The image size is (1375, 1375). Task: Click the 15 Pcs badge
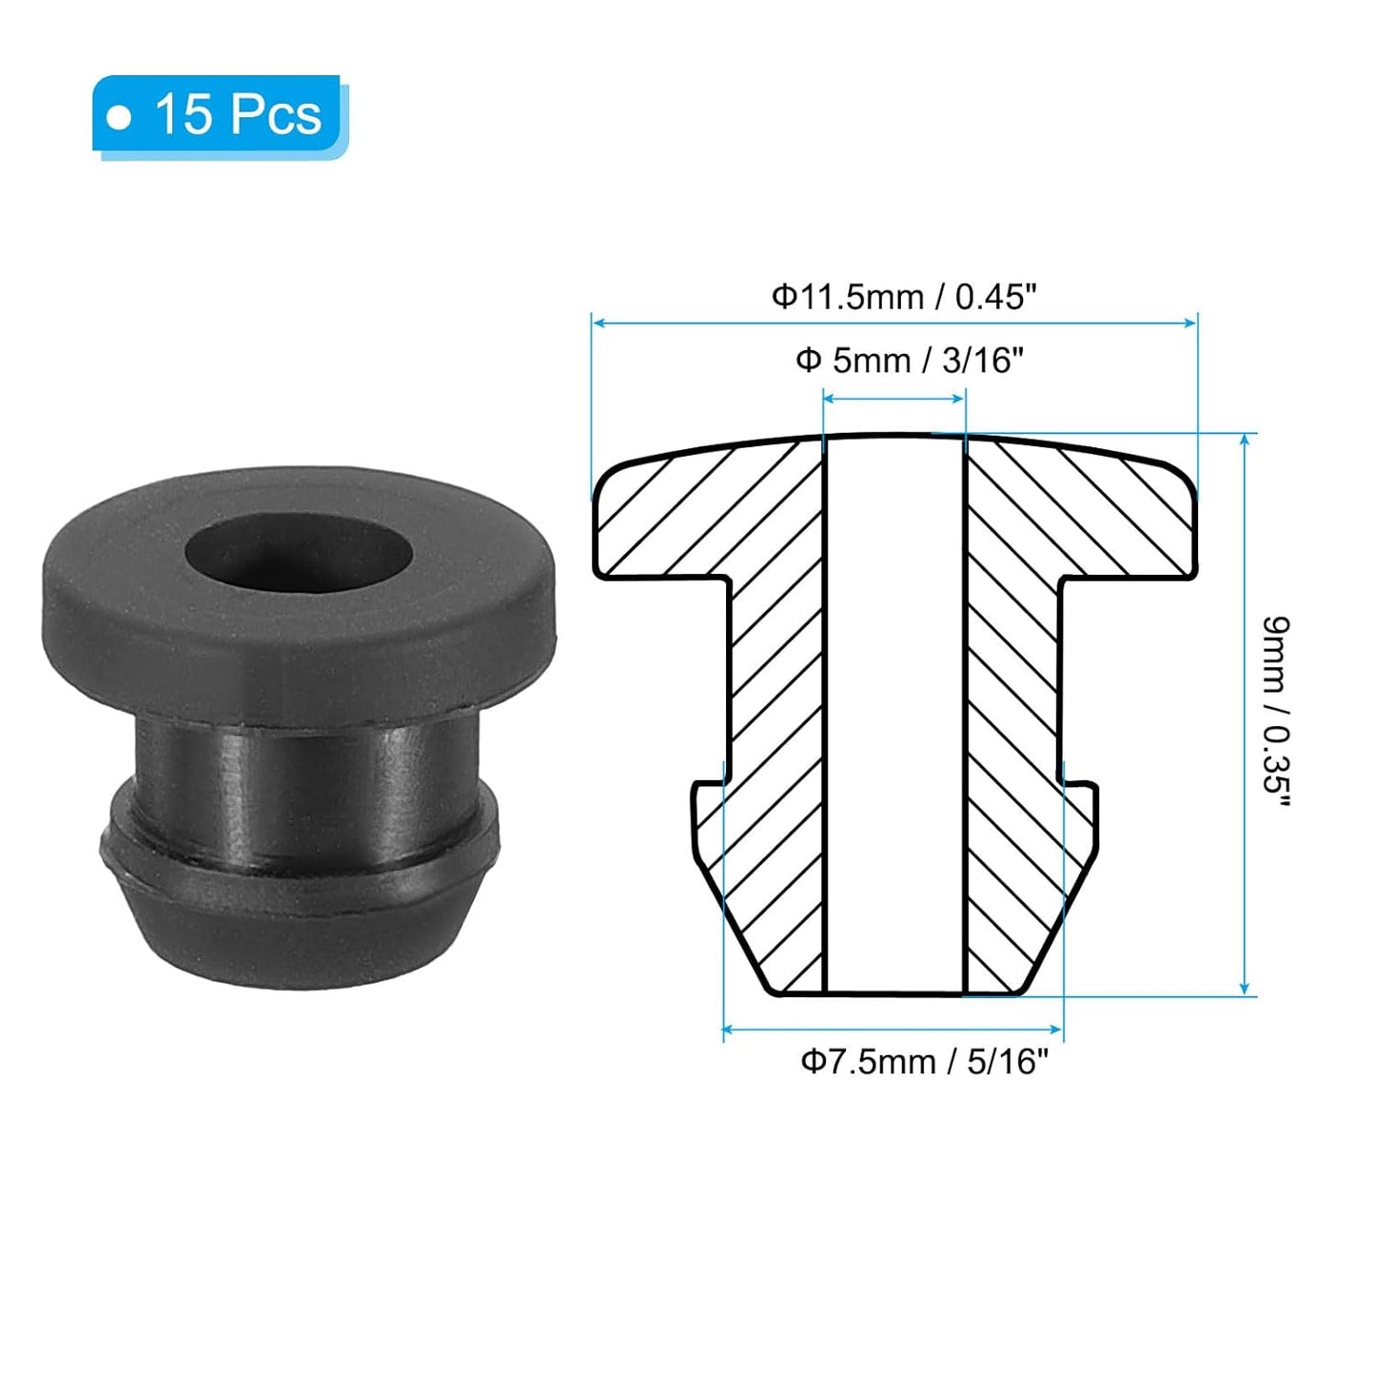[219, 114]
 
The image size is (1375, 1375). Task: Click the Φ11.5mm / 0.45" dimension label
[902, 297]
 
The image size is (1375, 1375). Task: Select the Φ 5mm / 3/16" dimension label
[909, 361]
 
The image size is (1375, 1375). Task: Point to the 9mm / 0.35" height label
[1275, 712]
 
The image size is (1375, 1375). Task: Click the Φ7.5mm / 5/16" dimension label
[924, 1061]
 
